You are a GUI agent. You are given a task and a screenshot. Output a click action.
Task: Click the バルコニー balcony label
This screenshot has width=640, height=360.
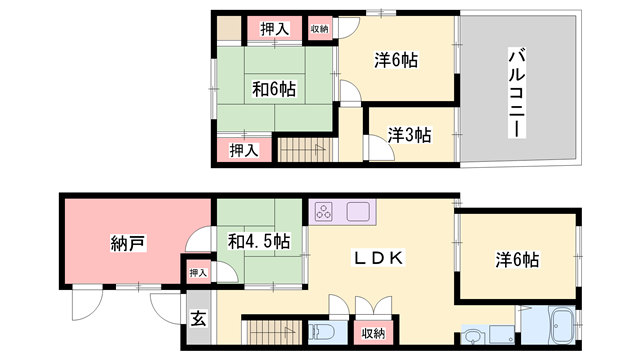pyautogui.click(x=517, y=93)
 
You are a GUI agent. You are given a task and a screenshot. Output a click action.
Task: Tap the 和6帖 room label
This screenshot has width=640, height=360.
pyautogui.click(x=274, y=89)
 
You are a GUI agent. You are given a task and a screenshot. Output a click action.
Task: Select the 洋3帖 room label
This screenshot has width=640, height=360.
pyautogui.click(x=409, y=135)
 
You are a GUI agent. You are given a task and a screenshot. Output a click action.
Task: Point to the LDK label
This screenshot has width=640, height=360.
pyautogui.click(x=378, y=258)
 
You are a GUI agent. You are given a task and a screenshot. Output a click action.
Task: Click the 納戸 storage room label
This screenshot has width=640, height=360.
pyautogui.click(x=128, y=244)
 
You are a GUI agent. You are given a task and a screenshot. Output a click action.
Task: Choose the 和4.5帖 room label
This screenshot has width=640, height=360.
pyautogui.click(x=259, y=241)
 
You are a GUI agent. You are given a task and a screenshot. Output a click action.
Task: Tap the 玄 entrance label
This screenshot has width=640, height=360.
pyautogui.click(x=199, y=318)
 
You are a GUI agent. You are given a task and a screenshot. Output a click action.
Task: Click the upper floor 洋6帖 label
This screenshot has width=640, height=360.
pyautogui.click(x=396, y=60)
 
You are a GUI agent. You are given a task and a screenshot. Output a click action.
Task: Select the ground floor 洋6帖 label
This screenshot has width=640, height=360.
pyautogui.click(x=517, y=260)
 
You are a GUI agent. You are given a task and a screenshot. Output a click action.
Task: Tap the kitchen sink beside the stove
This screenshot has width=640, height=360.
pyautogui.click(x=358, y=212)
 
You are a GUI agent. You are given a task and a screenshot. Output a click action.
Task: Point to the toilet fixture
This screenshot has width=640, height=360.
pyautogui.click(x=321, y=332)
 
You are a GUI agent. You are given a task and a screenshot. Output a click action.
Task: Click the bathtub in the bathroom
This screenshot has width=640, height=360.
pyautogui.click(x=563, y=325)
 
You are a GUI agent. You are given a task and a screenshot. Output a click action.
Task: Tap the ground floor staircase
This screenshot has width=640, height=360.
pyautogui.click(x=271, y=332)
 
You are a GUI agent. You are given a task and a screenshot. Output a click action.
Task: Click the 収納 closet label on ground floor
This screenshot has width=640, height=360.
pyautogui.click(x=373, y=333)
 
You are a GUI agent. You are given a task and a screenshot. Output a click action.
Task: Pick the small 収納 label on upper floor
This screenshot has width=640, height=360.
pyautogui.click(x=320, y=29)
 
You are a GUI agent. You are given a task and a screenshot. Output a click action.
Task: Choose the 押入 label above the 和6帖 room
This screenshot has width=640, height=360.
pyautogui.click(x=274, y=29)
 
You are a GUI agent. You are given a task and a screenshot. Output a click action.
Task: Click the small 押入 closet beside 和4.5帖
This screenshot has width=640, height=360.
pyautogui.click(x=198, y=273)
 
